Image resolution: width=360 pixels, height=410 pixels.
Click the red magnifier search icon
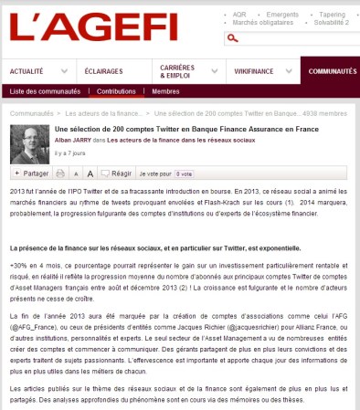234,38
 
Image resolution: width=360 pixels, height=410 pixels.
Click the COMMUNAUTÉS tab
333,71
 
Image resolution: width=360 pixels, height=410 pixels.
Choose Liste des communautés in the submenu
47,91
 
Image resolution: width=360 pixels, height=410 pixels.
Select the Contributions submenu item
116,91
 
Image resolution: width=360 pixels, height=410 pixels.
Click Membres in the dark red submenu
165,91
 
